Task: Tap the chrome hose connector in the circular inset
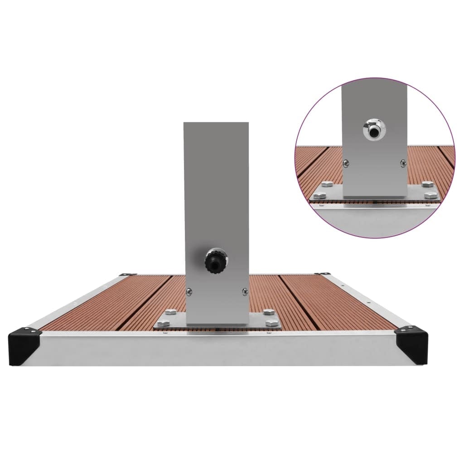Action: click(374, 129)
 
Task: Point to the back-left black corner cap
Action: click(128, 274)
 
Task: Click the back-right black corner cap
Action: click(323, 274)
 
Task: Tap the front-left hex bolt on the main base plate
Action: click(164, 323)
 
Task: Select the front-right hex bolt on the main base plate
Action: click(272, 322)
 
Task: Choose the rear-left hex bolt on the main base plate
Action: click(171, 311)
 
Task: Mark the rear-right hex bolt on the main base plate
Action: click(268, 312)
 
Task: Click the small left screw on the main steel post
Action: click(189, 291)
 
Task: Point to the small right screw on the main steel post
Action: click(245, 291)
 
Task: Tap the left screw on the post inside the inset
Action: click(346, 164)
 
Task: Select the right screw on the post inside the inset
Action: click(403, 164)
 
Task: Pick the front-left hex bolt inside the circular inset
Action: click(319, 195)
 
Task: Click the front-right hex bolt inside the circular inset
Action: click(431, 195)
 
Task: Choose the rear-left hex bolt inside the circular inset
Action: click(326, 184)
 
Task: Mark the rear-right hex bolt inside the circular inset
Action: click(426, 184)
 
